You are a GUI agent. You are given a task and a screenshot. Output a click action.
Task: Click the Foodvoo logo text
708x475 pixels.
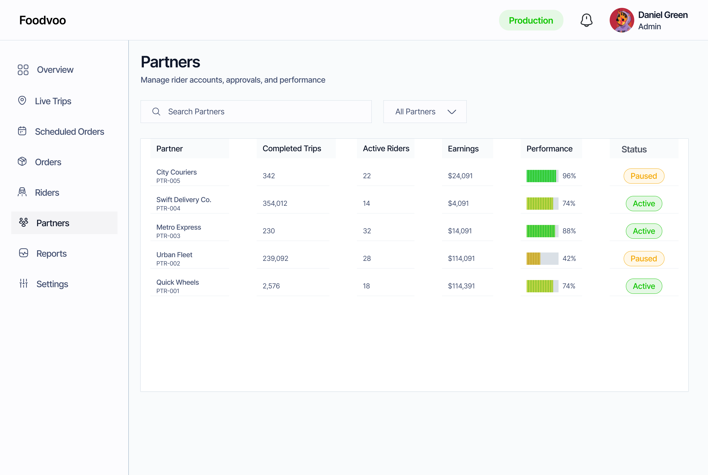(x=42, y=20)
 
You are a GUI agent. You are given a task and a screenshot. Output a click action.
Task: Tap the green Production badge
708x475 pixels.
(x=531, y=20)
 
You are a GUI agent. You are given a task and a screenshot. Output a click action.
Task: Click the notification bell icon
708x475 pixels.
(x=586, y=20)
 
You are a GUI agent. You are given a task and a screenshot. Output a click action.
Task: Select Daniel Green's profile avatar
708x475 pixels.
(x=622, y=20)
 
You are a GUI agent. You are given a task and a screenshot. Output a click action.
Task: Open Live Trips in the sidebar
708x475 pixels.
(x=53, y=101)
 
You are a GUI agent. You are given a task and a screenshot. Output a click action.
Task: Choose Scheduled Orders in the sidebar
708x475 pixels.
(x=69, y=132)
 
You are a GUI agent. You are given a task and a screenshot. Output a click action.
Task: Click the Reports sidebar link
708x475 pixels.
(x=51, y=253)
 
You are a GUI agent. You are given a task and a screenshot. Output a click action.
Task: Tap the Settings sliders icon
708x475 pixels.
(x=23, y=283)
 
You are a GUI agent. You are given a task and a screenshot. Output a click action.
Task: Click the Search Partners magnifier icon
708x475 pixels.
(x=156, y=111)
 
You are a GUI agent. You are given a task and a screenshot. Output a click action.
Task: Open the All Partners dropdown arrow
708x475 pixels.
(x=452, y=112)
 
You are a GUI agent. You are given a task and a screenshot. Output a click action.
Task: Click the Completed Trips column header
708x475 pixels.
(x=292, y=148)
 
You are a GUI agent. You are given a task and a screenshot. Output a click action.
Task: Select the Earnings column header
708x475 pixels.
(x=463, y=149)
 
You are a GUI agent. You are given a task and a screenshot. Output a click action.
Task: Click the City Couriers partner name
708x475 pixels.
(x=177, y=172)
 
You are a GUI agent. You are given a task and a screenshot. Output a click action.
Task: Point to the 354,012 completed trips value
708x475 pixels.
(x=275, y=203)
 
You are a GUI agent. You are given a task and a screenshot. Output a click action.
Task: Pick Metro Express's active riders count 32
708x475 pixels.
(x=367, y=231)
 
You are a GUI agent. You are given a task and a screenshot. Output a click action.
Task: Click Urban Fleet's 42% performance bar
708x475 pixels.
(x=542, y=258)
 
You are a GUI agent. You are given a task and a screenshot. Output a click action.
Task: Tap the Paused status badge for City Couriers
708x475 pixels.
(x=644, y=176)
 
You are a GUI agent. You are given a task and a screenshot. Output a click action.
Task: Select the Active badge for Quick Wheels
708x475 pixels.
(x=644, y=286)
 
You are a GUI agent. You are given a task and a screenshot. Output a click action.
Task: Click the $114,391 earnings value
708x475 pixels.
(x=461, y=286)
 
